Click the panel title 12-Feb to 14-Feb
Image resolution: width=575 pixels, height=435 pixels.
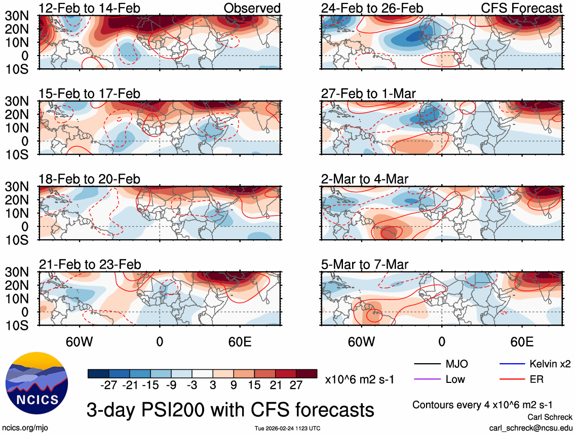coord(90,9)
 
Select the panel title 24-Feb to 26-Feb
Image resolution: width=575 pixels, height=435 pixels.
coord(372,9)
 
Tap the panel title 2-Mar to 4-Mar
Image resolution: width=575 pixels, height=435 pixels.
coord(365,180)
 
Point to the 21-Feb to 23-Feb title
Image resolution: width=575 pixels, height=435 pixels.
coord(90,265)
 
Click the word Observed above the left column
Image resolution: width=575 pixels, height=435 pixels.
coord(252,9)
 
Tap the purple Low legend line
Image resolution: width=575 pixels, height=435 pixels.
coord(427,379)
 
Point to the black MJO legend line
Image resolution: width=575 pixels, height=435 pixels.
coord(427,364)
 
